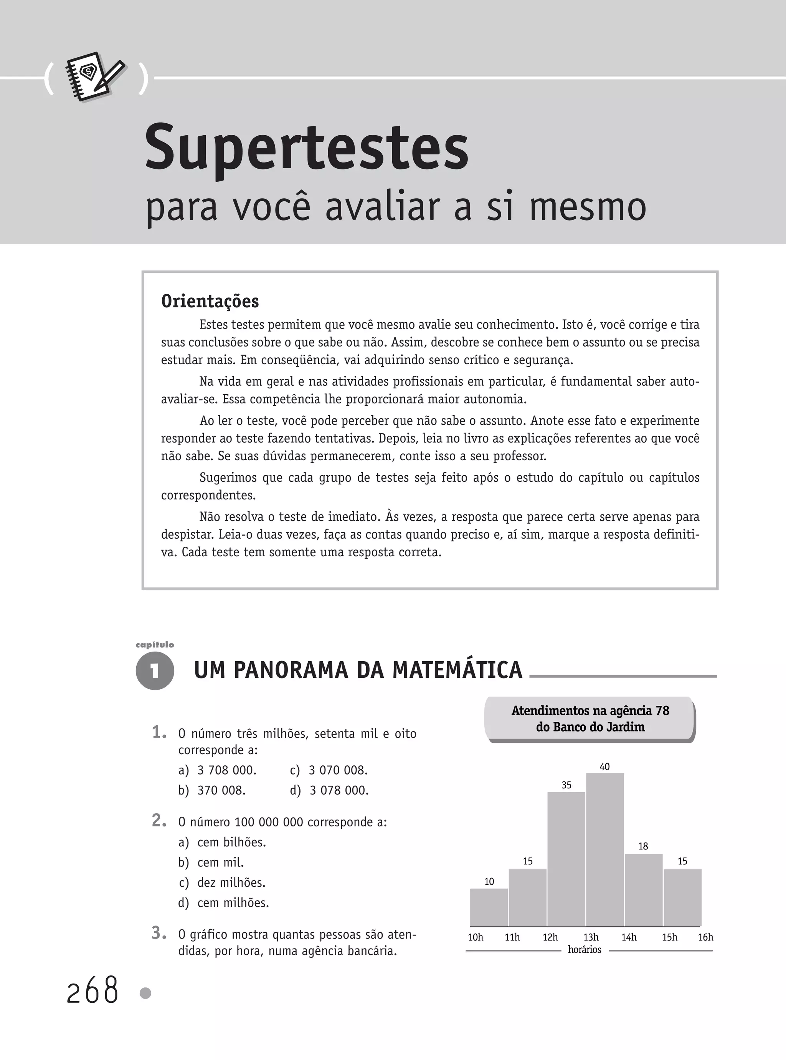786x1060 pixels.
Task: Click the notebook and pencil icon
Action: (96, 77)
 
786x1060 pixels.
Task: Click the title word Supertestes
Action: (307, 149)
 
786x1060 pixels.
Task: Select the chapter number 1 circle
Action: (155, 672)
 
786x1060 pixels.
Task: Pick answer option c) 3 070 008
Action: (329, 770)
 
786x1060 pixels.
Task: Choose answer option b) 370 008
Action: (212, 790)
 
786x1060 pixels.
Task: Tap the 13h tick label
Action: (591, 937)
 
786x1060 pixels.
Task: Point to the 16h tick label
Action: (705, 937)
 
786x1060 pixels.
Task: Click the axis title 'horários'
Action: (585, 950)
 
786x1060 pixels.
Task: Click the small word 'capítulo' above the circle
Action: (155, 645)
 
